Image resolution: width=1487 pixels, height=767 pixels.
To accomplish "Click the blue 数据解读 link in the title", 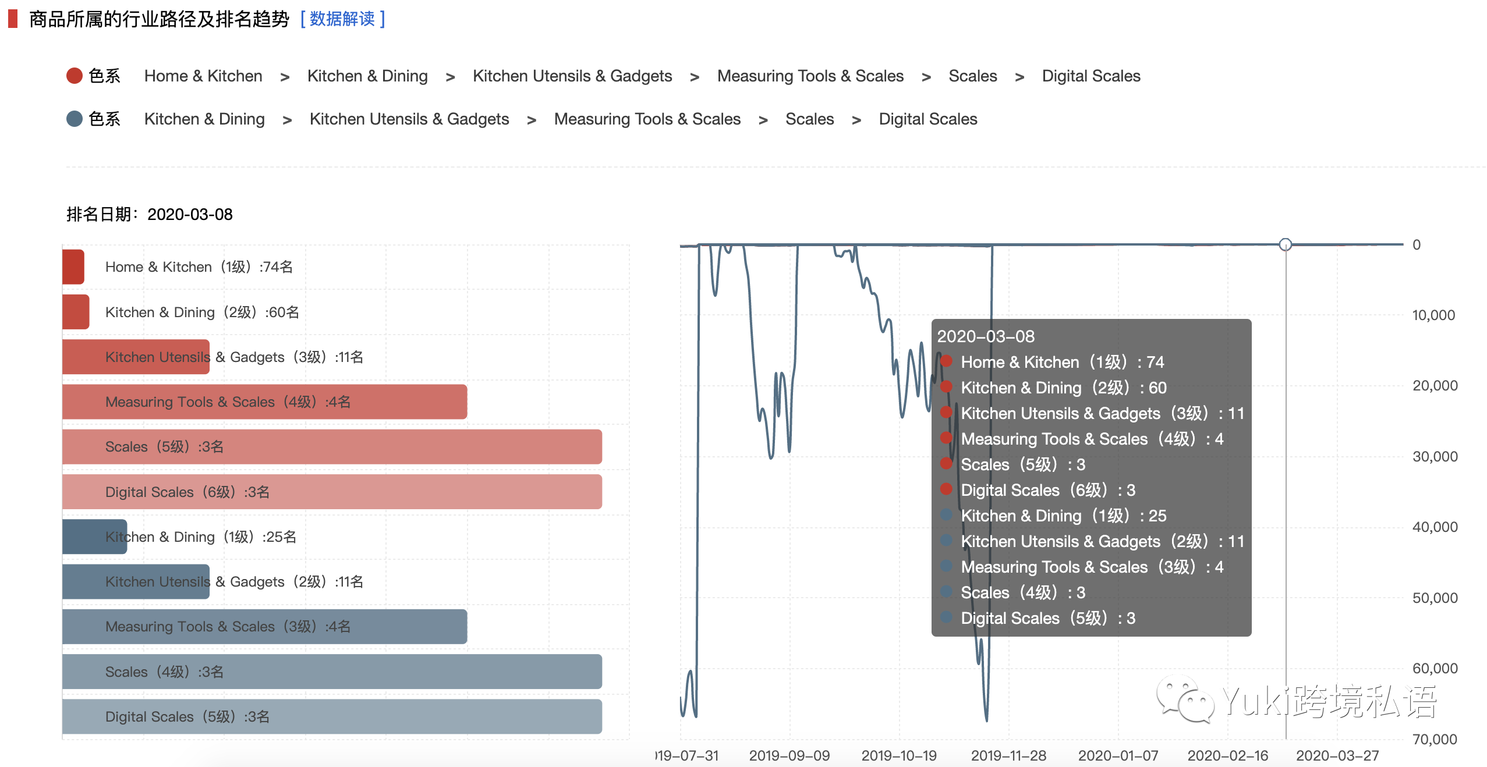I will [x=342, y=19].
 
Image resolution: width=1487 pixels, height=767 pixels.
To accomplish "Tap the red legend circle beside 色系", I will [x=75, y=76].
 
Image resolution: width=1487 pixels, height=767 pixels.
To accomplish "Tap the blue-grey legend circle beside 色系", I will [x=75, y=119].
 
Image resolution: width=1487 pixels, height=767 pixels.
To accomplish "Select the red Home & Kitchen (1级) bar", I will [x=73, y=267].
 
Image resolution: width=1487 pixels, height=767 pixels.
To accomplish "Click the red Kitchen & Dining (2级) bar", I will [x=76, y=312].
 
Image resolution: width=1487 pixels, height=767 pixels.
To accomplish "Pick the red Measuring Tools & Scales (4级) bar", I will [x=264, y=402].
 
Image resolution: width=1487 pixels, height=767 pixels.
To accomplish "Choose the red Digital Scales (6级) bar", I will [x=332, y=492].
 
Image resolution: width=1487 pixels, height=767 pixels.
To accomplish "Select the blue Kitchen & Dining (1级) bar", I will [x=94, y=537].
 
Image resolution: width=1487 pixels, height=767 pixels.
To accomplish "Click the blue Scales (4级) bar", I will [x=332, y=672].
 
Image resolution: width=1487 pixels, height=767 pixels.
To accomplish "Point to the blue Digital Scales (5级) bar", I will [x=332, y=717].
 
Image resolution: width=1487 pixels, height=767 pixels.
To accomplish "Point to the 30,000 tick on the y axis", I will [x=1435, y=457].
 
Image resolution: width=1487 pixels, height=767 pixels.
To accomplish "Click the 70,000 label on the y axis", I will [x=1435, y=740].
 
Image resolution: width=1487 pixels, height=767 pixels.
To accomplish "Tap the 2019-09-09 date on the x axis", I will [x=789, y=756].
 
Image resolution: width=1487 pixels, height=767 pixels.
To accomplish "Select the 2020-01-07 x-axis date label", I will [x=1118, y=756].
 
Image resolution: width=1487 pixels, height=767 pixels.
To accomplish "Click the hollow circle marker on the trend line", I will [x=1286, y=245].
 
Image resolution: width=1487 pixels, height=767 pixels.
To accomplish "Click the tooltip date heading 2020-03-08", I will [x=986, y=336].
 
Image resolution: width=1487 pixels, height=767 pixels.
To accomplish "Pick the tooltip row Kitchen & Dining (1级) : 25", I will [x=1063, y=516].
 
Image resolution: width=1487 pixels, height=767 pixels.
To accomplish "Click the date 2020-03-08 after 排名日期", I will [x=190, y=215].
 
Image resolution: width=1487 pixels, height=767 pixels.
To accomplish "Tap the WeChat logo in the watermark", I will [x=1185, y=700].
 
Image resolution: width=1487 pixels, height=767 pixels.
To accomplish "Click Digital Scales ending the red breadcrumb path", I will [x=1091, y=76].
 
